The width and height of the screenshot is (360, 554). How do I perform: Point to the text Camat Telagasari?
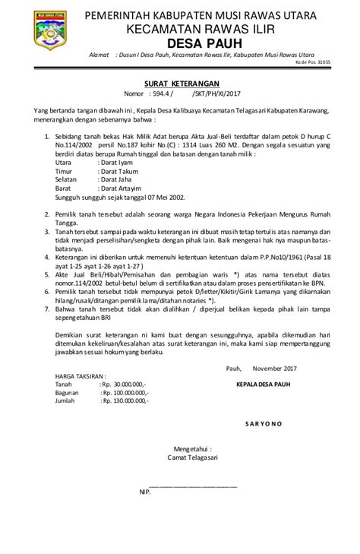pyautogui.click(x=192, y=457)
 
